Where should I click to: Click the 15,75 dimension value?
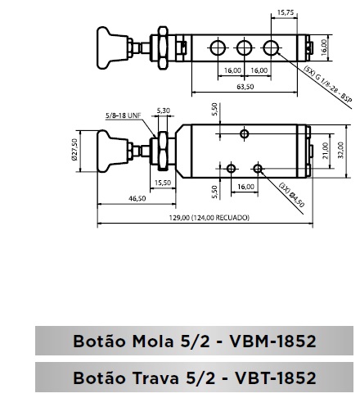point(286,12)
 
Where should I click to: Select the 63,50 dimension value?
point(245,87)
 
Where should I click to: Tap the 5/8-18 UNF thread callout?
point(124,115)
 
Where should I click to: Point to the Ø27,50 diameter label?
point(74,150)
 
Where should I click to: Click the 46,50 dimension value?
point(137,198)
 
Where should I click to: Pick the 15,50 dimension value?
point(163,183)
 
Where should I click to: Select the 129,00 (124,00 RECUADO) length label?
point(209,218)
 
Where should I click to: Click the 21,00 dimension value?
point(325,151)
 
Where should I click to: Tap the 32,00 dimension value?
point(341,150)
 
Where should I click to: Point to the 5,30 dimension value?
point(164,111)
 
